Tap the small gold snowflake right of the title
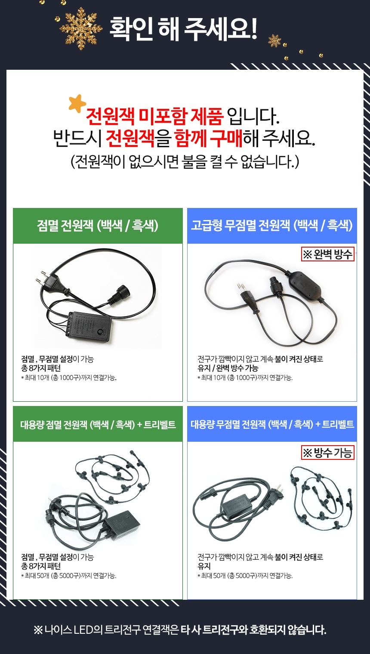[274, 41]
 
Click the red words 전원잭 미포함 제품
[154, 116]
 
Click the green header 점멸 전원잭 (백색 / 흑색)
[98, 226]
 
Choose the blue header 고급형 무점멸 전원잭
[272, 226]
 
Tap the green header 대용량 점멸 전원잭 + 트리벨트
[98, 425]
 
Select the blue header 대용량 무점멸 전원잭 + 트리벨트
[272, 425]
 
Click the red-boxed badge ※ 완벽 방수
[327, 254]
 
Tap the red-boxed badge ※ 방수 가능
[327, 453]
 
